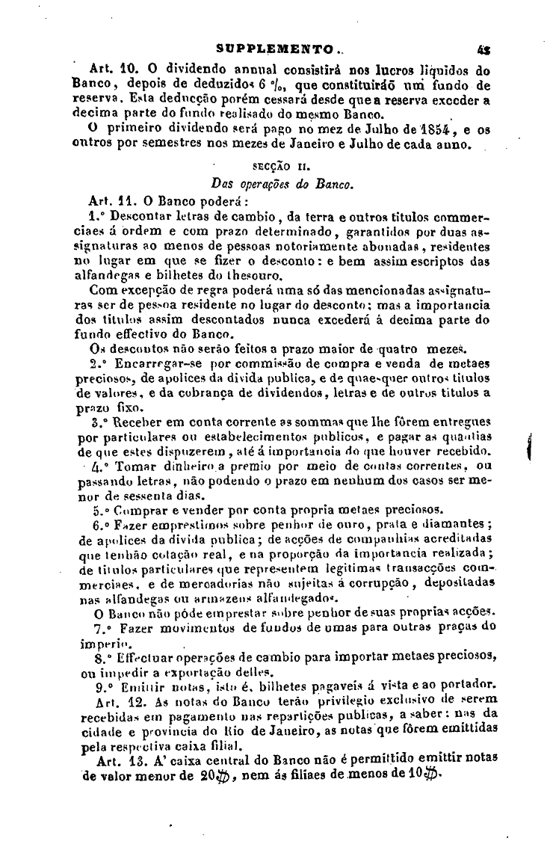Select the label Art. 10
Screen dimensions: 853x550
tap(108, 73)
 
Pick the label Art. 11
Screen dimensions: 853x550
tap(107, 202)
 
